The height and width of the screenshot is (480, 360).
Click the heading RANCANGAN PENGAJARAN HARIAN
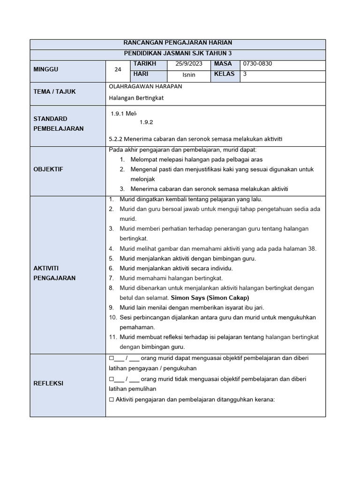pyautogui.click(x=178, y=43)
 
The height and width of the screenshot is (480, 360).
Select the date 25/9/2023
pyautogui.click(x=189, y=64)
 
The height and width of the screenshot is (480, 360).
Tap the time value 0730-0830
pyautogui.click(x=257, y=64)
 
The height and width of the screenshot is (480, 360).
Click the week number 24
pyautogui.click(x=118, y=69)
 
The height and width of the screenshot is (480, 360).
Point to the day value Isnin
pyautogui.click(x=189, y=75)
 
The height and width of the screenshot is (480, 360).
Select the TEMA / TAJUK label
pyautogui.click(x=54, y=91)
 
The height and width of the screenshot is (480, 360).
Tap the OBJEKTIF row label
pyautogui.click(x=48, y=169)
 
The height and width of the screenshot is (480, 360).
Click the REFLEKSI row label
pyautogui.click(x=48, y=383)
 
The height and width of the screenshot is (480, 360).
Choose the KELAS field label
pyautogui.click(x=224, y=74)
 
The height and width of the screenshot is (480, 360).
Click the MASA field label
pyautogui.click(x=223, y=64)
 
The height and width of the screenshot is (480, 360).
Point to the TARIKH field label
pyautogui.click(x=144, y=64)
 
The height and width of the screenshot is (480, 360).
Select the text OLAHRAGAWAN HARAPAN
pyautogui.click(x=145, y=86)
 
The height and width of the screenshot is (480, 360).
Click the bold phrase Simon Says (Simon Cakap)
pyautogui.click(x=210, y=298)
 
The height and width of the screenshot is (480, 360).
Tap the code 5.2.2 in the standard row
pyautogui.click(x=116, y=139)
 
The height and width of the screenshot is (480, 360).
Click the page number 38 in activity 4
pyautogui.click(x=312, y=248)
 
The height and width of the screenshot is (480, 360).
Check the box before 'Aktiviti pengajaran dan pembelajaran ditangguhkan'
pyautogui.click(x=111, y=400)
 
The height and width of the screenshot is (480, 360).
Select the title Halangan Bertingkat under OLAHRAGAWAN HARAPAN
pyautogui.click(x=136, y=97)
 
